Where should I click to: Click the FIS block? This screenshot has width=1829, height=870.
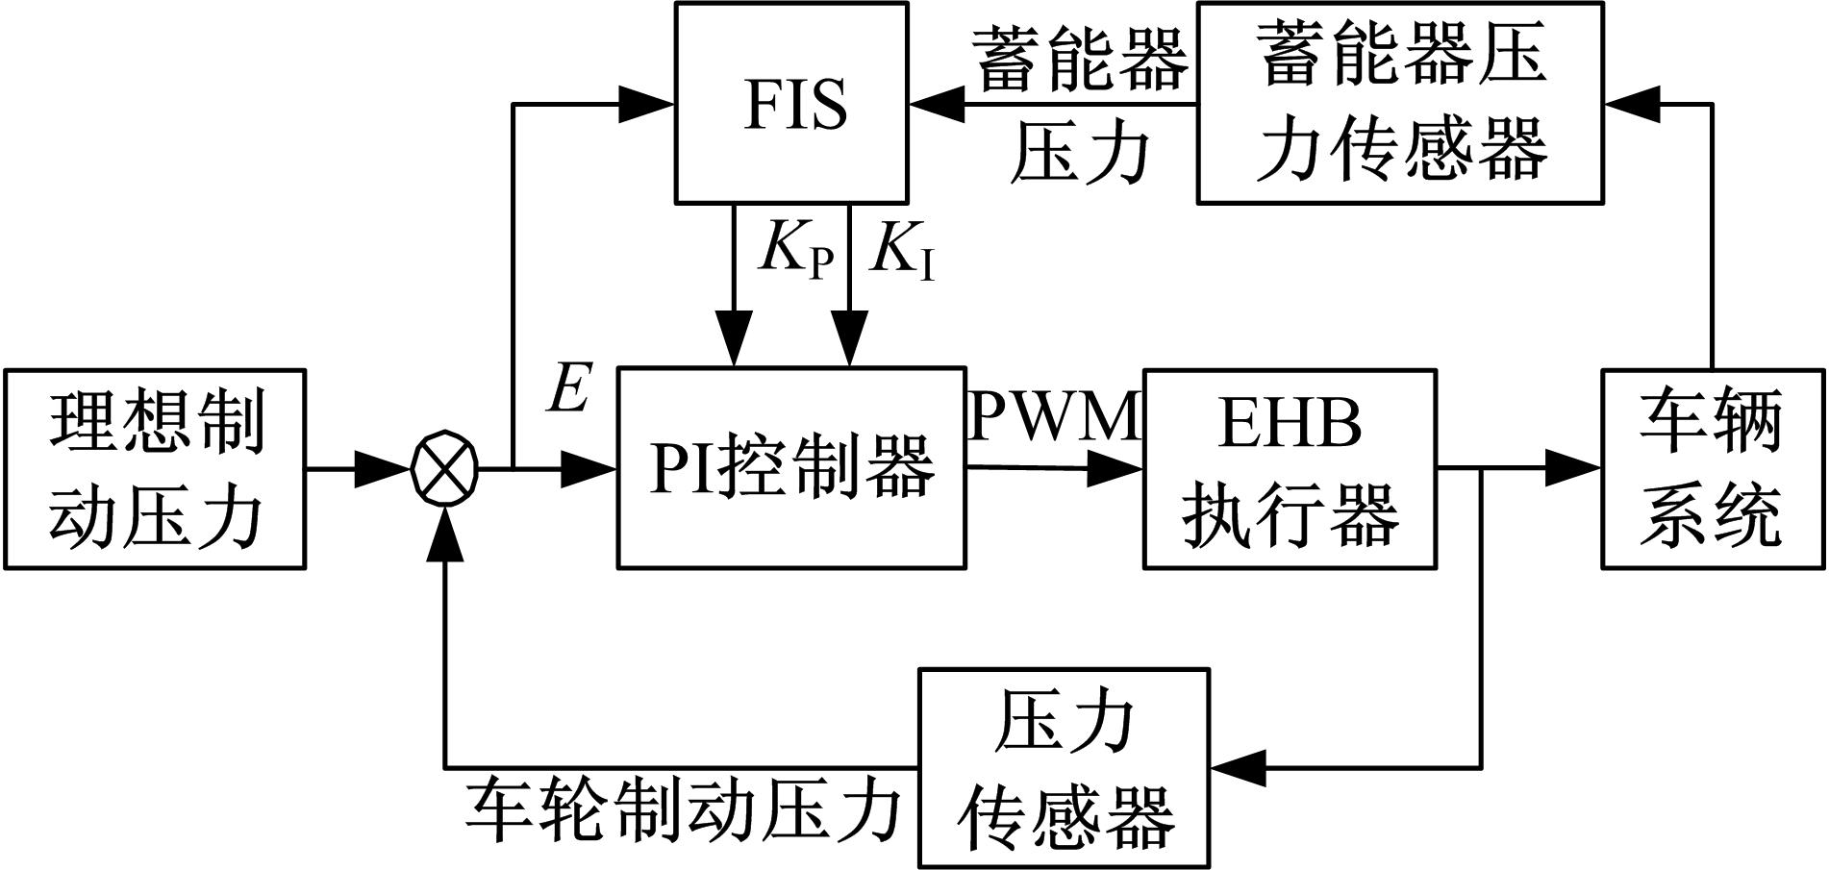click(791, 103)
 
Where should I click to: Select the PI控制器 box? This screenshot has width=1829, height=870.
click(791, 468)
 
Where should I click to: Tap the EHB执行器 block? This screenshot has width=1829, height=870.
click(1290, 468)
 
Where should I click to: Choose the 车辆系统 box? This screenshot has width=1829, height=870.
click(1712, 468)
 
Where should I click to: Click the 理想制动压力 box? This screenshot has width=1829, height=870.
click(155, 468)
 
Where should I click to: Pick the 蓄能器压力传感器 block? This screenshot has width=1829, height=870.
click(1399, 103)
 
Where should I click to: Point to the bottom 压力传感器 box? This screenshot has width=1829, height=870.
click(1065, 767)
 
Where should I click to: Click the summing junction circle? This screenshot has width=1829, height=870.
click(444, 469)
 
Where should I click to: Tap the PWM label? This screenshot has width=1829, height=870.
click(1054, 417)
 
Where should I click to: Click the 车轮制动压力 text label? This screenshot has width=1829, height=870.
click(684, 809)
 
